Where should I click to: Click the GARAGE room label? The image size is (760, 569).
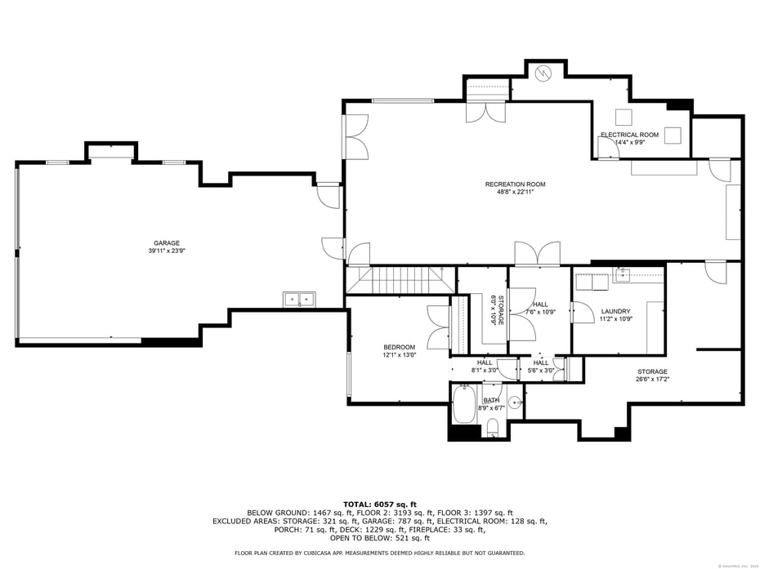(x=167, y=242)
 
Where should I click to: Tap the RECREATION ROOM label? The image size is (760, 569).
(x=515, y=184)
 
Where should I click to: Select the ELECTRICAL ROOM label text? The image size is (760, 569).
(x=629, y=135)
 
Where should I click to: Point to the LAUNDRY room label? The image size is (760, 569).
(x=615, y=311)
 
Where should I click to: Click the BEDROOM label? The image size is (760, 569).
(x=399, y=347)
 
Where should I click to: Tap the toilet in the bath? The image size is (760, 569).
(x=492, y=426)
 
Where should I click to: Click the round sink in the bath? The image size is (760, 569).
(x=514, y=402)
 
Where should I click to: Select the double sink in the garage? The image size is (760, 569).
(x=299, y=300)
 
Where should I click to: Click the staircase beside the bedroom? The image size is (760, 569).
(x=400, y=280)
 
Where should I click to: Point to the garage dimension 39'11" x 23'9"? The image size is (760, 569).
(x=167, y=251)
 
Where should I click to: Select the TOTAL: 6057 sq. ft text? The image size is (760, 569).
(x=379, y=505)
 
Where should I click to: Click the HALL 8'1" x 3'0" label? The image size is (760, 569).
(x=485, y=367)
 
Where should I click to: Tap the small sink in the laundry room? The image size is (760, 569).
(x=624, y=273)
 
